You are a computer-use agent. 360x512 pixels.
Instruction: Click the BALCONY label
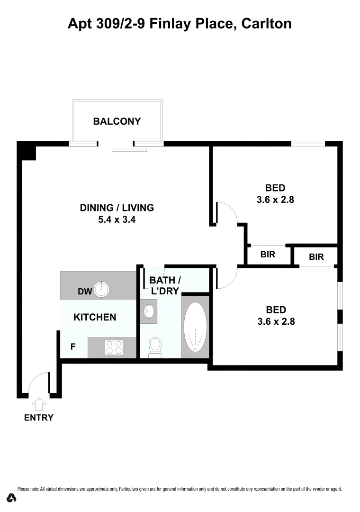click(x=117, y=121)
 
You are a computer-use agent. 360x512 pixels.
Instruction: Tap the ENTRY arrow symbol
click(x=39, y=404)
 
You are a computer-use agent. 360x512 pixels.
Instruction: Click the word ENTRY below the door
click(x=39, y=418)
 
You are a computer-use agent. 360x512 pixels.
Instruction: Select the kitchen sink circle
click(x=102, y=289)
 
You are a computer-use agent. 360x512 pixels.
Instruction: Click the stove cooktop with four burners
click(x=114, y=347)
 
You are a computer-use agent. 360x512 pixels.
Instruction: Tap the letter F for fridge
click(x=73, y=347)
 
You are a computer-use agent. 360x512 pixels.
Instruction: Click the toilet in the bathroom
click(x=155, y=347)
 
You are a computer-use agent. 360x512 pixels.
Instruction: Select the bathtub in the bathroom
click(x=195, y=327)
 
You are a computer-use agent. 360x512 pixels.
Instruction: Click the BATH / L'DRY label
click(x=165, y=285)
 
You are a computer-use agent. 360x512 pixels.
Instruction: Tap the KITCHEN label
click(x=95, y=317)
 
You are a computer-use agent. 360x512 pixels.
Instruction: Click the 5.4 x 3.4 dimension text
click(x=117, y=220)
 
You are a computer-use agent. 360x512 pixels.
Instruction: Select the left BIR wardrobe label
click(x=268, y=255)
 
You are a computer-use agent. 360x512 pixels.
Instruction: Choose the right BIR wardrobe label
click(x=316, y=257)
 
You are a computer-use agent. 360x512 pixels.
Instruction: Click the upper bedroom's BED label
click(x=275, y=188)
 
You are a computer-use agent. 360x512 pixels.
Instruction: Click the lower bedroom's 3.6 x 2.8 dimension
click(x=276, y=322)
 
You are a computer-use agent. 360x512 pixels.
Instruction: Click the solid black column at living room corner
click(x=27, y=150)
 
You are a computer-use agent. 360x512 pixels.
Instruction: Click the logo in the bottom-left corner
click(x=12, y=498)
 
